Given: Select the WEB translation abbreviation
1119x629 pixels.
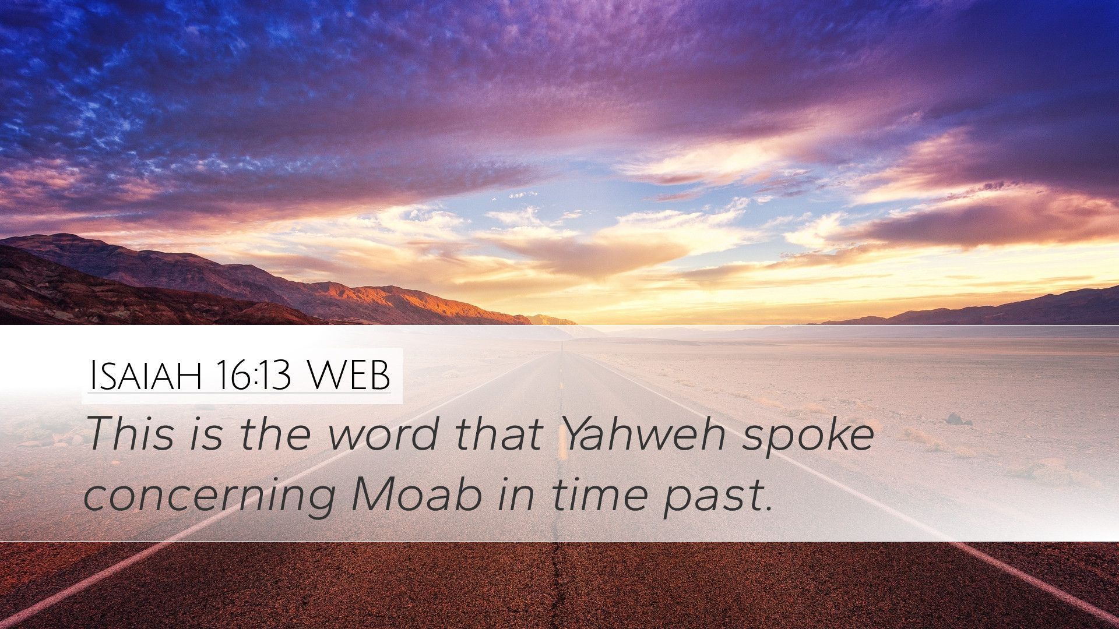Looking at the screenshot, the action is coord(349,376).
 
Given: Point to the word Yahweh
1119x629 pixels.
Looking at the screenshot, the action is coord(644,434).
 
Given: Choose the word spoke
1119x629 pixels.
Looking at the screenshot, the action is coord(808,437).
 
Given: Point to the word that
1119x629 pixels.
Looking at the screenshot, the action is coord(499,434).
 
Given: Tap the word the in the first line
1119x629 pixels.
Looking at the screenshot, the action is coord(275,434).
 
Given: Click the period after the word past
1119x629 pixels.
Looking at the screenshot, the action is coord(769,508).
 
